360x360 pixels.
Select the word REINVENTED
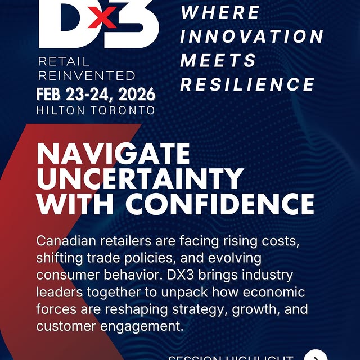[87, 75]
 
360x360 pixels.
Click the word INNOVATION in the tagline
[252, 36]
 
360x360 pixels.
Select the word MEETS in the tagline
[218, 60]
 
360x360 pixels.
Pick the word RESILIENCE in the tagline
[247, 84]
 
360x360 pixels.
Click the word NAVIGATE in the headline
[113, 153]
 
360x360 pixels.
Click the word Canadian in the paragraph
[62, 241]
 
